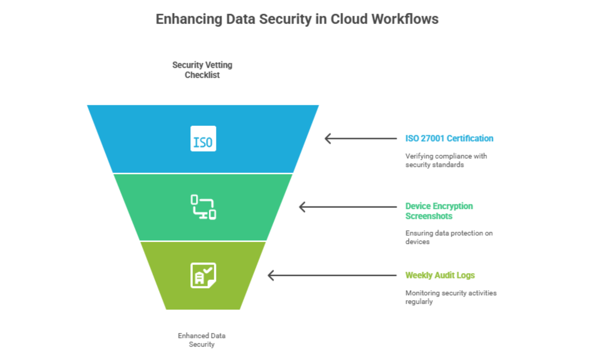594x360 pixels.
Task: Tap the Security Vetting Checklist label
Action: coord(202,70)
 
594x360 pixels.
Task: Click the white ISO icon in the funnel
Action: coord(203,138)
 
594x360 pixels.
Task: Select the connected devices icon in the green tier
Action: coord(203,207)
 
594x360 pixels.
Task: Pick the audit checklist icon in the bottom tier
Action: coord(203,275)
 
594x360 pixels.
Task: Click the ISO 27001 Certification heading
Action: coord(449,138)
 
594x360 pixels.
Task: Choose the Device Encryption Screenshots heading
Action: coord(439,211)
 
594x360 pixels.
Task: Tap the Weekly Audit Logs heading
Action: coord(440,275)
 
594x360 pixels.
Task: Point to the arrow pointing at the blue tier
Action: coord(360,138)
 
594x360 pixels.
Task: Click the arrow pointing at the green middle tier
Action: coord(348,207)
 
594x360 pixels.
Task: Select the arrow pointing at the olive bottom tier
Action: coord(332,275)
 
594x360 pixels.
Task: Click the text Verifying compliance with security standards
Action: coord(446,160)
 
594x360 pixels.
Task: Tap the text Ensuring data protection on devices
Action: coord(449,237)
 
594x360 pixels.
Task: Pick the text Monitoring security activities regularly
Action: coord(451,297)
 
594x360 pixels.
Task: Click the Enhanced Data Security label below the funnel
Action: coord(201,340)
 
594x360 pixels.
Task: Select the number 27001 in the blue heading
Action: coord(432,138)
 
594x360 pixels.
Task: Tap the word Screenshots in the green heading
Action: coord(429,216)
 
